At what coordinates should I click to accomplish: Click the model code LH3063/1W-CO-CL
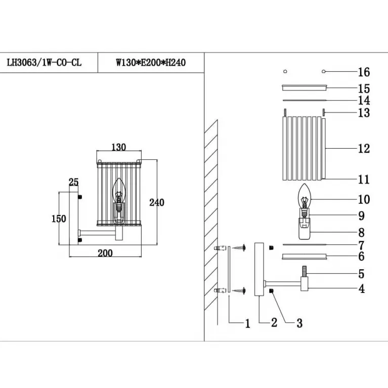(44, 63)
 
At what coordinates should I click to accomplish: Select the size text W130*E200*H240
(151, 63)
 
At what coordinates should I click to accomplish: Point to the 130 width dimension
(119, 147)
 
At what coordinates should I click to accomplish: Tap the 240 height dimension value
(157, 202)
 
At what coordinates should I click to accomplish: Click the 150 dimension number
(59, 219)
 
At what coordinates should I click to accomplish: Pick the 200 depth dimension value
(105, 253)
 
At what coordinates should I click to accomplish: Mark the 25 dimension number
(74, 182)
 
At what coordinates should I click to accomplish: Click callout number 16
(364, 72)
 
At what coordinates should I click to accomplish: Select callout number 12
(364, 148)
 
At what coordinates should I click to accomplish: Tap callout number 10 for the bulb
(364, 199)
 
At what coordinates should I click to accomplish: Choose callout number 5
(362, 274)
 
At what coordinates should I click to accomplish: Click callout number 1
(247, 323)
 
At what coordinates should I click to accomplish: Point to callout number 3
(299, 323)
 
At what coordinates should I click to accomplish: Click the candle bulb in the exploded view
(304, 197)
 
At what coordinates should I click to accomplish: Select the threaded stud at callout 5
(305, 271)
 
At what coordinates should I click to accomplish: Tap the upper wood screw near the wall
(239, 247)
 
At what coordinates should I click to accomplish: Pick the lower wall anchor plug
(220, 290)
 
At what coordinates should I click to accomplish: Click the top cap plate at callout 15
(305, 88)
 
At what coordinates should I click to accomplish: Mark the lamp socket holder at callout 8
(305, 229)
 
